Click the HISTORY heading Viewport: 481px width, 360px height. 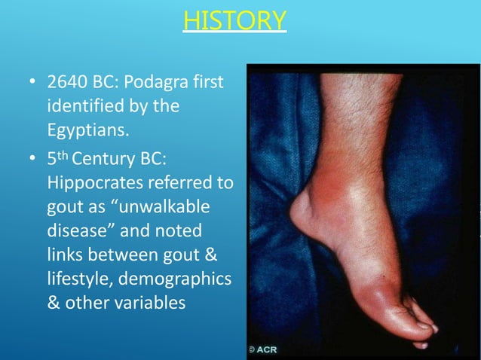(234, 20)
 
